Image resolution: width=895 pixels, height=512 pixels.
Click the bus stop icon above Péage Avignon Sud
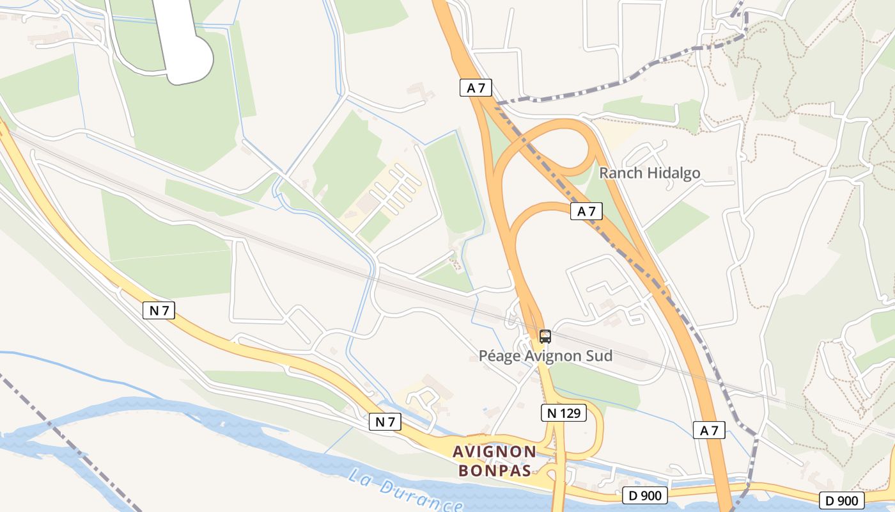click(x=545, y=336)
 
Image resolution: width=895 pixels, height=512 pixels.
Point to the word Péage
click(x=499, y=356)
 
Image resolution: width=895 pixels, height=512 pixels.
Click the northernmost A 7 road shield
click(x=476, y=88)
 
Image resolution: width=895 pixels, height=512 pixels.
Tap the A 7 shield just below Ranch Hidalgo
click(x=586, y=211)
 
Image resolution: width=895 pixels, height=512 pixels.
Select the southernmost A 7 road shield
click(x=709, y=430)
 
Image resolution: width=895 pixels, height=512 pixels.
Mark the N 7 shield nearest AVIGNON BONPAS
click(x=385, y=422)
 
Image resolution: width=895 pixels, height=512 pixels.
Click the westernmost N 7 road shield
click(x=159, y=311)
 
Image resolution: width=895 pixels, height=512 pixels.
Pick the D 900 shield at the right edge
click(x=842, y=500)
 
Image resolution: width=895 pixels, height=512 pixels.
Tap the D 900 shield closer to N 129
click(x=645, y=495)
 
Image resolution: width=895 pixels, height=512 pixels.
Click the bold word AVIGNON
click(x=494, y=452)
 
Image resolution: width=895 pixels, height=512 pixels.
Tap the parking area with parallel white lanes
click(x=390, y=192)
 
